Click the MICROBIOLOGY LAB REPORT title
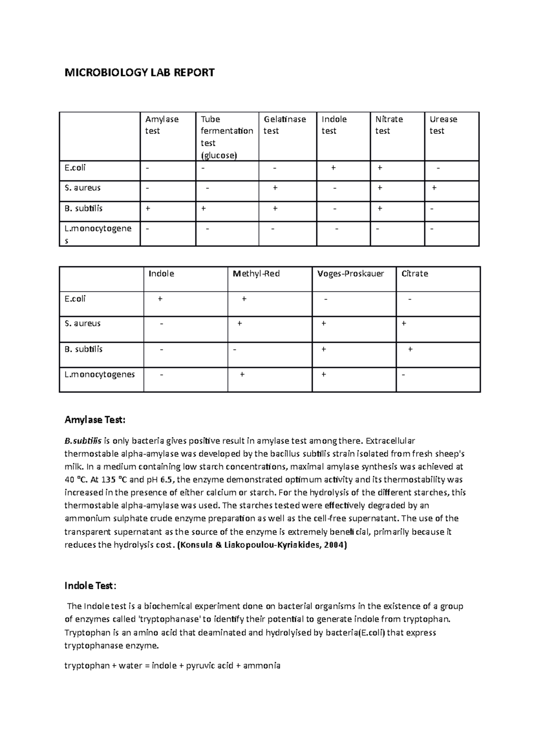click(139, 72)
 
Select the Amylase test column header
click(162, 125)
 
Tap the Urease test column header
click(443, 125)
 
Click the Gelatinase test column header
click(284, 125)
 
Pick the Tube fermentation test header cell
click(227, 137)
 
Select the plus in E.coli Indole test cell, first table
click(333, 168)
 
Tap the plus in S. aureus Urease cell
click(434, 188)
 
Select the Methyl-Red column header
click(256, 274)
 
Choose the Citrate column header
click(414, 274)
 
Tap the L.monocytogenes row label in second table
click(100, 374)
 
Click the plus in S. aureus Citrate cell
click(404, 324)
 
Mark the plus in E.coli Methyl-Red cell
click(244, 299)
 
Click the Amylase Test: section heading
click(95, 420)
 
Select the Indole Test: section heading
click(90, 586)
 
